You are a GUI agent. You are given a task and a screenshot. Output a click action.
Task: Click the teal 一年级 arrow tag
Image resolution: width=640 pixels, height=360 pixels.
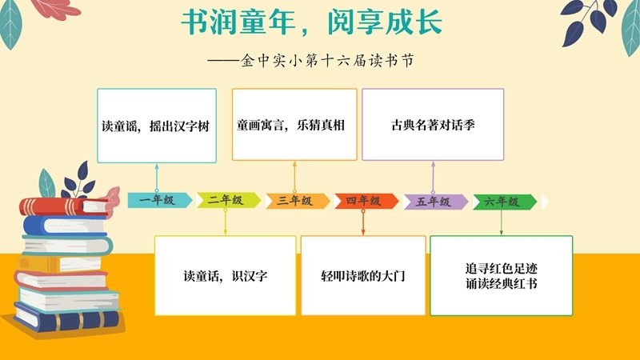click(159, 200)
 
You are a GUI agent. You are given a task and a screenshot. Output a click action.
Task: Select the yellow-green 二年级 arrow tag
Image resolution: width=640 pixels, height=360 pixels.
click(228, 200)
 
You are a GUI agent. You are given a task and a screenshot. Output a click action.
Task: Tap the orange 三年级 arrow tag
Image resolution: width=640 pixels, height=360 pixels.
click(297, 201)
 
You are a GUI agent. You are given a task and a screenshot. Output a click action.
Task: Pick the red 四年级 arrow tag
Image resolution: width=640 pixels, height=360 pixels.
click(366, 201)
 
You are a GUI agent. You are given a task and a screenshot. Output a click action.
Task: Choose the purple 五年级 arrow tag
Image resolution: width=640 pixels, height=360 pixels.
click(435, 202)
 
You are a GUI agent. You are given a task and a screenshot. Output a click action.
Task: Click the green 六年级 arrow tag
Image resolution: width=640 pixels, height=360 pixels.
click(505, 202)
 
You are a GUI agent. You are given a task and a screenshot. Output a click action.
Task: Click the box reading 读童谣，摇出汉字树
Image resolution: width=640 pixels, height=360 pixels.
click(157, 126)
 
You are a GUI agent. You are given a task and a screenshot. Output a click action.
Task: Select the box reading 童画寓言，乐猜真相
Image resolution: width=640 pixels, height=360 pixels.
click(294, 125)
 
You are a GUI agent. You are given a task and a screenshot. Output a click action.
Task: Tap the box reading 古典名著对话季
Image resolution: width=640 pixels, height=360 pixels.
click(433, 125)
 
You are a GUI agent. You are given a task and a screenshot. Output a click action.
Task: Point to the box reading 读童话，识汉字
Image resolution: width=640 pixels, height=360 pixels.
click(226, 275)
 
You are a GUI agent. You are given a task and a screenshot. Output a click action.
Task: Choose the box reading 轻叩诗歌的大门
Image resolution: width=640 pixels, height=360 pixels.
click(363, 275)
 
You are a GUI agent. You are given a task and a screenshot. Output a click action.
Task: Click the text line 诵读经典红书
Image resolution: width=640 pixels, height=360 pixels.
click(502, 283)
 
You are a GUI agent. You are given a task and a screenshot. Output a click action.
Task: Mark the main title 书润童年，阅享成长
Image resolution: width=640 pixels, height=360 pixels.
click(312, 22)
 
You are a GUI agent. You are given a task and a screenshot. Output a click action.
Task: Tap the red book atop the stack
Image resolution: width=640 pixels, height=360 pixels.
click(64, 206)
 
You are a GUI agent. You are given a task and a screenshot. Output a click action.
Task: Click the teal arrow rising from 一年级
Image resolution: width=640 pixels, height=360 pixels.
click(157, 178)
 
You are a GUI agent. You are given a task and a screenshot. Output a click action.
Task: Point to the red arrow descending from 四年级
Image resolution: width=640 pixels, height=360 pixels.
click(363, 222)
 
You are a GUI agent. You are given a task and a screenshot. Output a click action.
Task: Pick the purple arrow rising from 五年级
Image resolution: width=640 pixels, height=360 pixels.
click(433, 178)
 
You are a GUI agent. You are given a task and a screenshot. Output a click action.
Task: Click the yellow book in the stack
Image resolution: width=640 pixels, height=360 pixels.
click(59, 264)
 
